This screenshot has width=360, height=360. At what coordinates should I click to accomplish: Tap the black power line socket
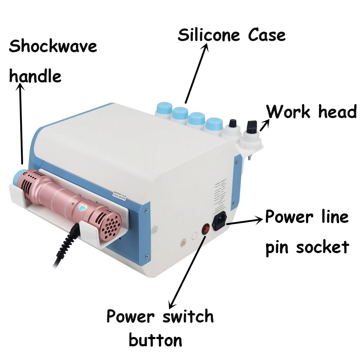pyautogui.click(x=220, y=221)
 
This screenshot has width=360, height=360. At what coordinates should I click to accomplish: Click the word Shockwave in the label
pyautogui.click(x=53, y=47)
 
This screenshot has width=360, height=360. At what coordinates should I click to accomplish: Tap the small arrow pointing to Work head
pyautogui.click(x=264, y=125)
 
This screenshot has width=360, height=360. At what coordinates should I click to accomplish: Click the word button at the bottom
pyautogui.click(x=155, y=341)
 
